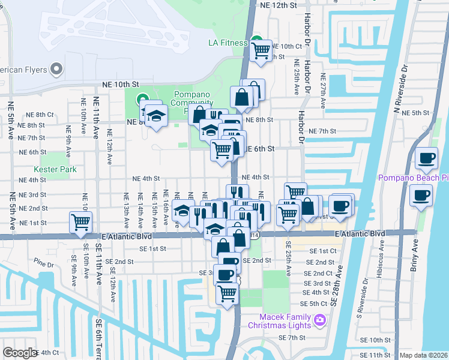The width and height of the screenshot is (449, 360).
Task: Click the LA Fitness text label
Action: (x=228, y=43)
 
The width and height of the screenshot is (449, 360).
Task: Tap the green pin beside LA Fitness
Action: (x=257, y=41)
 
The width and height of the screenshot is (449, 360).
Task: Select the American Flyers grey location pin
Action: (x=58, y=70)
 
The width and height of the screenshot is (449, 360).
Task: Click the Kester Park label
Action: (x=56, y=170)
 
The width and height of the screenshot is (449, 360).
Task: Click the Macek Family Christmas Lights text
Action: (x=285, y=321)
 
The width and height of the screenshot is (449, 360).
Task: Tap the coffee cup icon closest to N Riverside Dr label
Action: (x=427, y=158)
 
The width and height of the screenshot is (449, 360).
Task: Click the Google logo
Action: (x=20, y=353)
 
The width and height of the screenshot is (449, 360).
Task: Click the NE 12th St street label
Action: (x=279, y=5)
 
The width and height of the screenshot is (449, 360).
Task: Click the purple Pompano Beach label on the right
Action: (x=413, y=178)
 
